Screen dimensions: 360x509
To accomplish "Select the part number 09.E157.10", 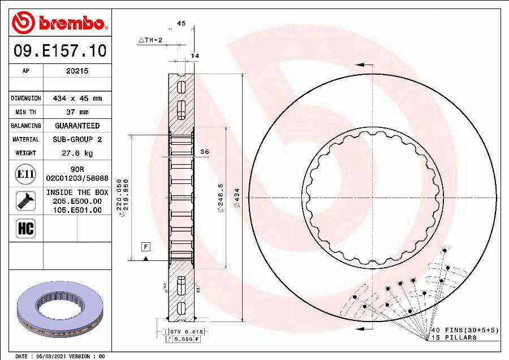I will [59, 51].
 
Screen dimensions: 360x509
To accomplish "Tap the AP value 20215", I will [77, 71].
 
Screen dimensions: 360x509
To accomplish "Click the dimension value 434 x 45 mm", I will [77, 98].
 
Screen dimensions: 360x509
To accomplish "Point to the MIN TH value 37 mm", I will [77, 112].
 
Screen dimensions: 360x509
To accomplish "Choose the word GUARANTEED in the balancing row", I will [77, 126].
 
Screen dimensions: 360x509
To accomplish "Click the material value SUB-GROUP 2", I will [77, 139].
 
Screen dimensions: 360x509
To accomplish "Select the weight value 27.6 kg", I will [77, 153].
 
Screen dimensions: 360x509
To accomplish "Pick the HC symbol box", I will [25, 229].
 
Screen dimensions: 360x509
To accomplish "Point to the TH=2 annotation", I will [150, 40].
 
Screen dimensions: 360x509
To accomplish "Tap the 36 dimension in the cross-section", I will [205, 152].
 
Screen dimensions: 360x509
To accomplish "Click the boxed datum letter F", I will [145, 246].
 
